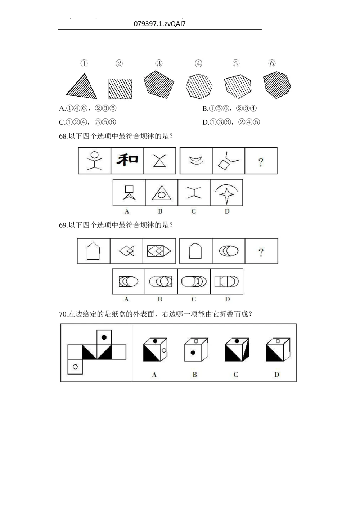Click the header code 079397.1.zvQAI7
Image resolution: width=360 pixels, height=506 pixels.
[159, 24]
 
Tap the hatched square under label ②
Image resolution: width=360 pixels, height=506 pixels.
[120, 89]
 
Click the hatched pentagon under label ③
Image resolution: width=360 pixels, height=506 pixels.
[158, 83]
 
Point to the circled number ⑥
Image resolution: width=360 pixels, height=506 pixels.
[272, 64]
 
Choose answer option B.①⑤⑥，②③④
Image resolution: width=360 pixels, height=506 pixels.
[229, 108]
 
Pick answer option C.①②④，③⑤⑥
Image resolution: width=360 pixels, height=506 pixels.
[87, 122]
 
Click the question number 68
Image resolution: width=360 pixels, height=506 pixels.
[63, 136]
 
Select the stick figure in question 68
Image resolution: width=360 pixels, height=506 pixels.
[94, 161]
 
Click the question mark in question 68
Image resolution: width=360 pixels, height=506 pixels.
[261, 162]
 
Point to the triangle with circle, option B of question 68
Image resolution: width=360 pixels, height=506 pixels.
[161, 192]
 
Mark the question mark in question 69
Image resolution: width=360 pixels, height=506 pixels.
[261, 252]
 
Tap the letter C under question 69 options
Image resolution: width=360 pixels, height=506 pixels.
[194, 299]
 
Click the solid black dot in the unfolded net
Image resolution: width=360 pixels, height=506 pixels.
[104, 337]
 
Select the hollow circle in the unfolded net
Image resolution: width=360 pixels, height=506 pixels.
[75, 367]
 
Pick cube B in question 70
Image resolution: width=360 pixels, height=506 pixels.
[195, 349]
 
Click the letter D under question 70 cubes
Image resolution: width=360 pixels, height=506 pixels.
[276, 375]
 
